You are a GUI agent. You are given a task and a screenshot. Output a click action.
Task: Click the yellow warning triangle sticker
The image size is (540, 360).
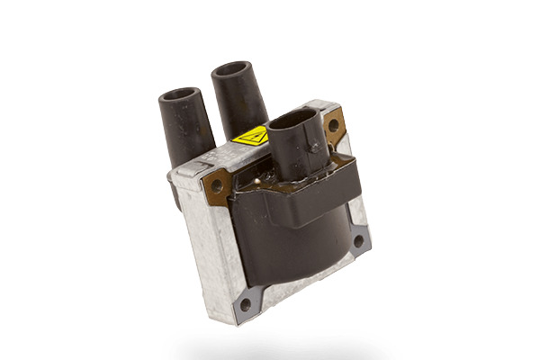[248, 137]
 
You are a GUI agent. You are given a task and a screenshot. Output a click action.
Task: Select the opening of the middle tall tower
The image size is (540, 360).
[232, 69]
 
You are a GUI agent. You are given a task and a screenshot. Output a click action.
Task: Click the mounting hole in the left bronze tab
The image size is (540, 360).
[217, 188]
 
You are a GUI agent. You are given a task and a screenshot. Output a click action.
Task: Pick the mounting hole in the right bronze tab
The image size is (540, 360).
[334, 124]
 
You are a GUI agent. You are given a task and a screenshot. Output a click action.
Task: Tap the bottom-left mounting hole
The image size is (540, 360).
[242, 303]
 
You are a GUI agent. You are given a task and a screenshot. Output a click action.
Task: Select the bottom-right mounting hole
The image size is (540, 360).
[357, 241]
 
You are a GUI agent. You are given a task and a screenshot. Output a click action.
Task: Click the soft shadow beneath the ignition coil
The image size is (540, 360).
[270, 346]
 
